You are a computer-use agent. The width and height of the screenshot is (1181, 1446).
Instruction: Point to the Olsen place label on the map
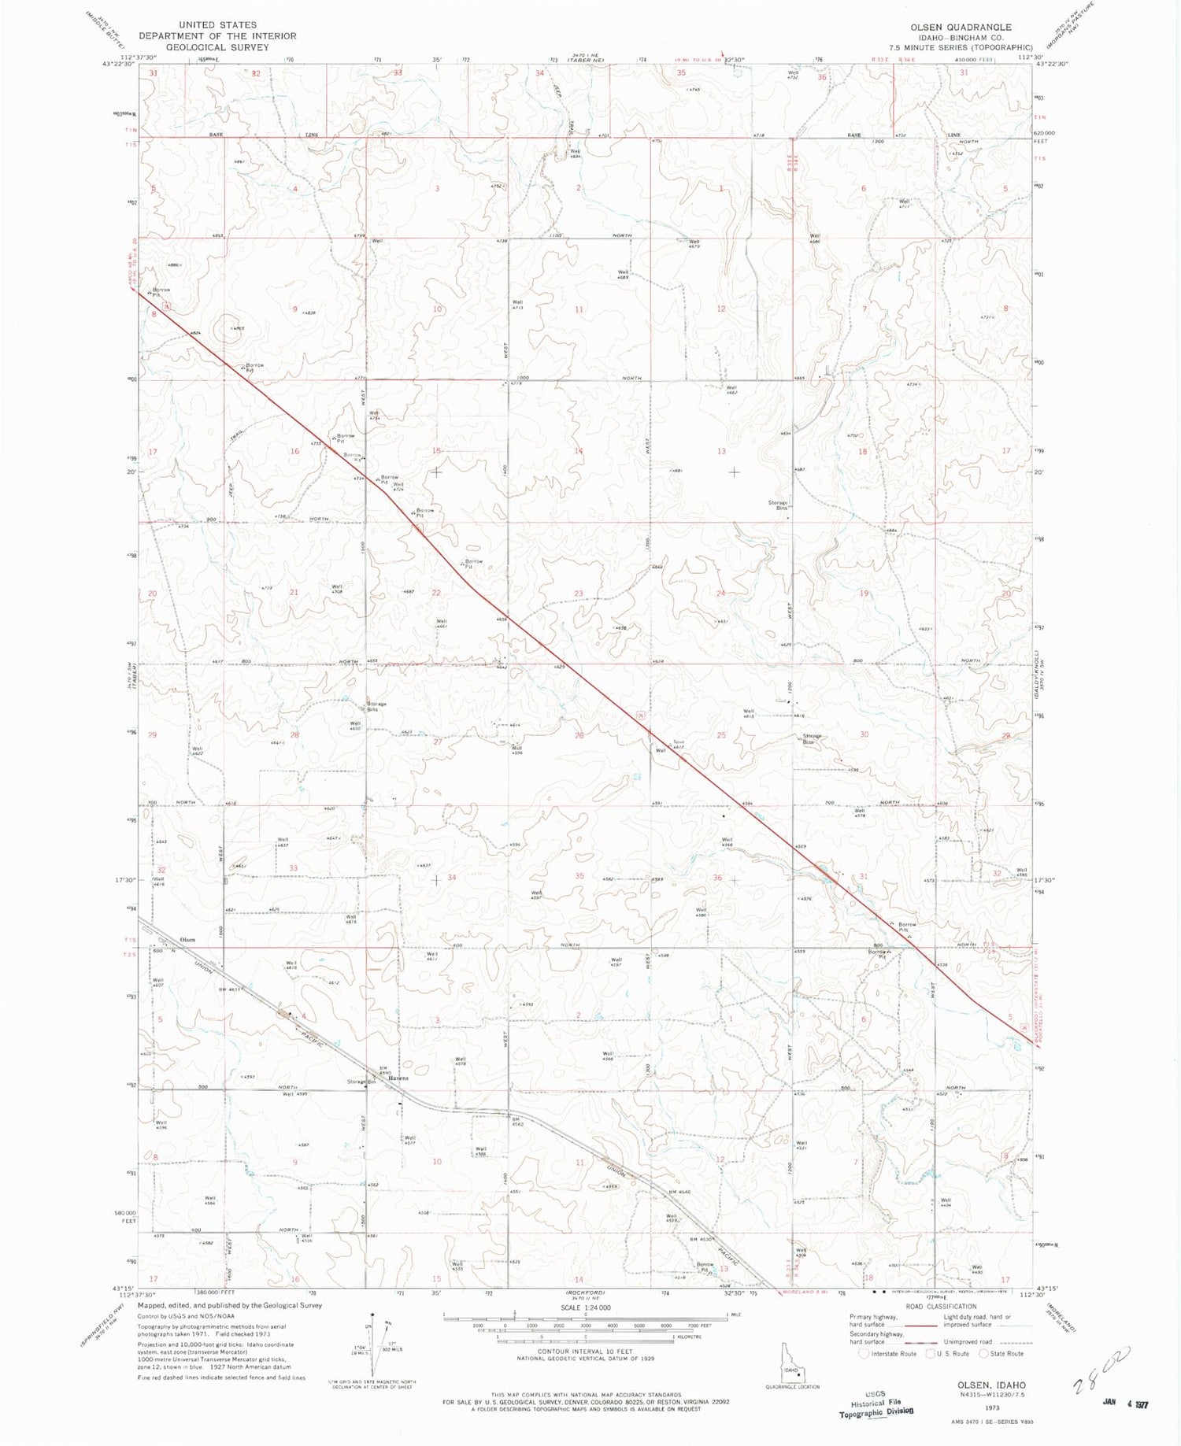[x=187, y=940]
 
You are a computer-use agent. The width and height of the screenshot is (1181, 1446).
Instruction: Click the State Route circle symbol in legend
[x=983, y=1354]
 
